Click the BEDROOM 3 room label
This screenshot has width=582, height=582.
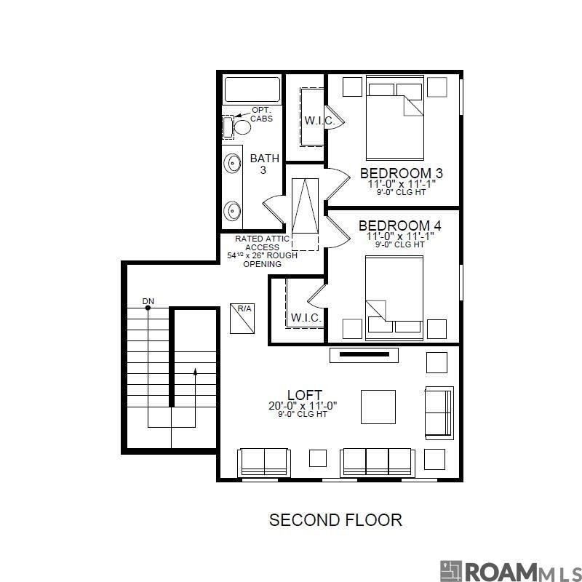click(401, 173)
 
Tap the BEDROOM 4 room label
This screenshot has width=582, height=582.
click(399, 226)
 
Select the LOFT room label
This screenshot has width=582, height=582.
click(304, 395)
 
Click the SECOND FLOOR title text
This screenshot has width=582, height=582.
click(335, 519)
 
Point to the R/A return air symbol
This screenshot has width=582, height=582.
click(242, 317)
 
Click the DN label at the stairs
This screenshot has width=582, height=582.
click(148, 300)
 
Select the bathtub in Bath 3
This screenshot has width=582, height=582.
click(252, 89)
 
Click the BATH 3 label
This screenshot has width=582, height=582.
click(264, 164)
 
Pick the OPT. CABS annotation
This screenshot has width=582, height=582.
click(262, 113)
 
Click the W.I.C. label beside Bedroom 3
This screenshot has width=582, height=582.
click(319, 121)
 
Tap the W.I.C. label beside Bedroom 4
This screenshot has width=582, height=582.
click(306, 318)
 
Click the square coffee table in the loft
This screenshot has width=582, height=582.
click(378, 407)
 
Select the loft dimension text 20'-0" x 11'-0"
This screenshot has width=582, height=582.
click(303, 405)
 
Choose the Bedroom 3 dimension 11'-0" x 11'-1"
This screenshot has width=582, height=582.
click(401, 185)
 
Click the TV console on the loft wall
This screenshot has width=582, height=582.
click(364, 355)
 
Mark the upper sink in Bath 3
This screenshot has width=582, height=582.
click(232, 162)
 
